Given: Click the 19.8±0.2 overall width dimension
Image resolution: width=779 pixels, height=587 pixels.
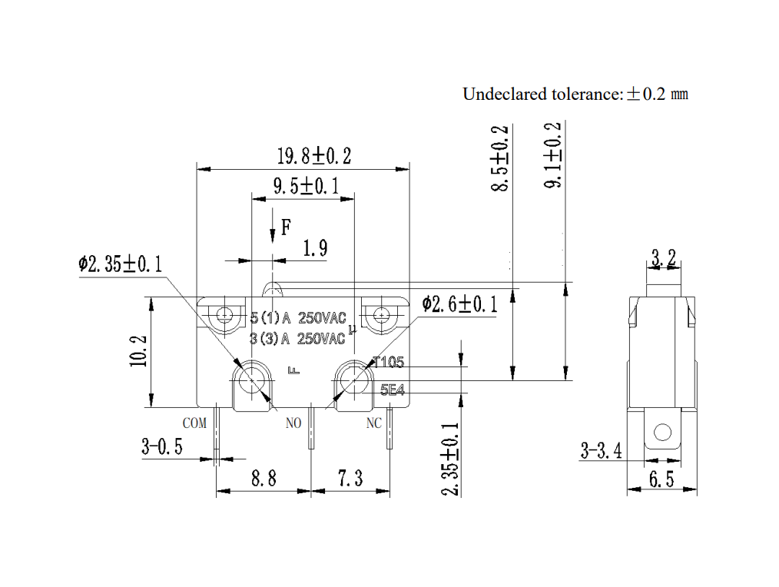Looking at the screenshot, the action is pyautogui.click(x=314, y=156).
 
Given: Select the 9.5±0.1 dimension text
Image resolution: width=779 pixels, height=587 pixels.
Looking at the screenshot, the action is pyautogui.click(x=306, y=187).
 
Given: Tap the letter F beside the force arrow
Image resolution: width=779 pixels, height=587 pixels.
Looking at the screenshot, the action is pyautogui.click(x=286, y=227).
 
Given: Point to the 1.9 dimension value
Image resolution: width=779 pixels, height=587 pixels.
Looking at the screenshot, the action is pyautogui.click(x=316, y=247).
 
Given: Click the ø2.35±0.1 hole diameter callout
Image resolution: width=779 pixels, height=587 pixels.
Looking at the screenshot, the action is pyautogui.click(x=120, y=264).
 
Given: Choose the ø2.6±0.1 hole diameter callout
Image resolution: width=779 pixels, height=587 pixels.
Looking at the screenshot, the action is pyautogui.click(x=459, y=303).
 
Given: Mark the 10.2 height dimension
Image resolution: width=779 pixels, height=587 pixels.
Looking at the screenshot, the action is pyautogui.click(x=138, y=351).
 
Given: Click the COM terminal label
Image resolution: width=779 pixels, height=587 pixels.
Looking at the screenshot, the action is pyautogui.click(x=194, y=423).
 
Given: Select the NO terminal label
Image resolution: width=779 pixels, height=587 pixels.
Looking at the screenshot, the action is pyautogui.click(x=293, y=423).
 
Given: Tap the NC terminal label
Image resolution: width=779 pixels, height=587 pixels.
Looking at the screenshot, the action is pyautogui.click(x=373, y=423).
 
